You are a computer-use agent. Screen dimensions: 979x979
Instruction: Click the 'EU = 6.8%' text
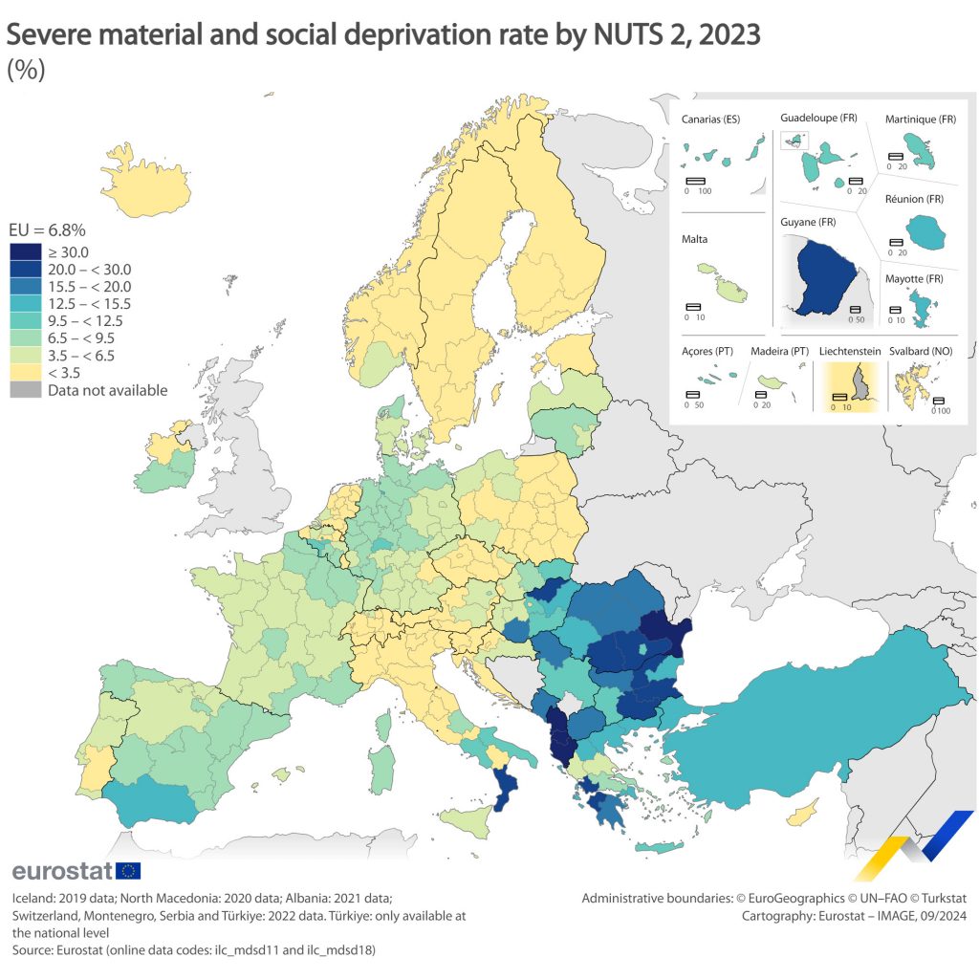[47, 230]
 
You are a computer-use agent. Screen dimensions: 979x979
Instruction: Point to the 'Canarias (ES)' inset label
[711, 120]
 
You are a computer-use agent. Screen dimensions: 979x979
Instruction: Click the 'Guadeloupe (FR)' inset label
[818, 118]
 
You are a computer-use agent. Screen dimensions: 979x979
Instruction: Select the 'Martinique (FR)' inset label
[921, 120]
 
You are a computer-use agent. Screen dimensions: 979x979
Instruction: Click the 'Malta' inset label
[695, 239]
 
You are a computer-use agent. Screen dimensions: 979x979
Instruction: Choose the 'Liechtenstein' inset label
[850, 352]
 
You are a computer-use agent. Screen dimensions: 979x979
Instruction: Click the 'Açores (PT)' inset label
[707, 352]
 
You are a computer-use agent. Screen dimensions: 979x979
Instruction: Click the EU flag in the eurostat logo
[128, 870]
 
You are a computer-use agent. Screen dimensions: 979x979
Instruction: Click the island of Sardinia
[381, 770]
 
